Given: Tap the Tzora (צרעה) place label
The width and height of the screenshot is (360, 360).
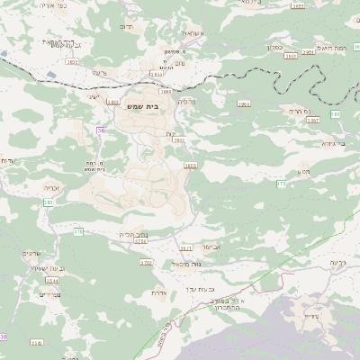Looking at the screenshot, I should (99, 71).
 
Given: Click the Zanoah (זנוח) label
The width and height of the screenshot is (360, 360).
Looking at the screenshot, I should (171, 133).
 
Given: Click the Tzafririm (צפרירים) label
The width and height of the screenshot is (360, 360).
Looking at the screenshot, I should (49, 293).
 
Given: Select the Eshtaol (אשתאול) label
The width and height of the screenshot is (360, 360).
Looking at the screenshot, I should (190, 33).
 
